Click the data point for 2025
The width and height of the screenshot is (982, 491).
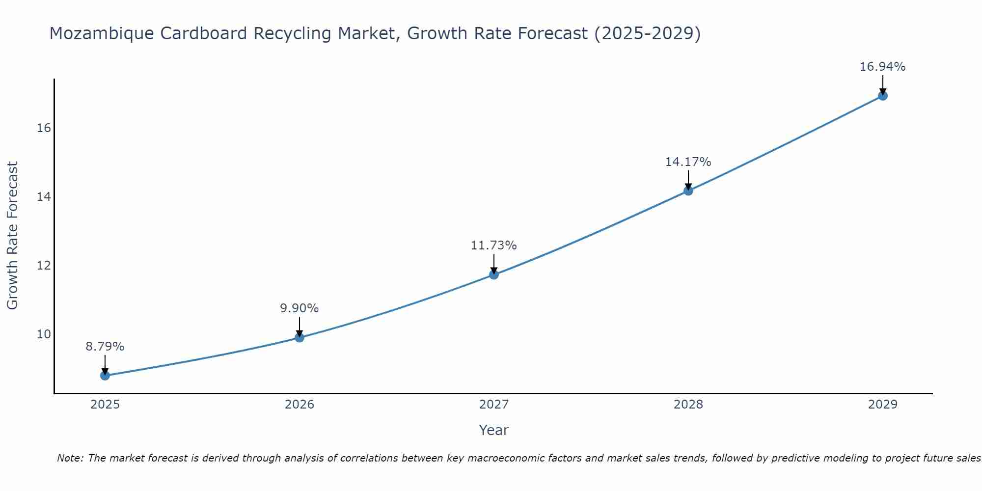pos(105,376)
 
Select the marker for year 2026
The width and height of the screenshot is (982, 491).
pos(300,337)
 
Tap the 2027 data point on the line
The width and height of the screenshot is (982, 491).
pos(494,274)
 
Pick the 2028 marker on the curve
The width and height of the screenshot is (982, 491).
pos(688,191)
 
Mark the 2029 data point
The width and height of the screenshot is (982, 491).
pos(883,96)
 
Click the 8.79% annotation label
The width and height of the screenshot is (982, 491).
pos(105,347)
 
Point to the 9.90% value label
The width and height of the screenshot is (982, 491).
pos(300,308)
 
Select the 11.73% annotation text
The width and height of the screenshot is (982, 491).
pos(494,245)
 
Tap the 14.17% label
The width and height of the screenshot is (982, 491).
pos(688,162)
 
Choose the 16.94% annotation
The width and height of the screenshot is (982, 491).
pos(883,67)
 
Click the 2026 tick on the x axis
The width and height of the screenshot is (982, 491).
pos(300,405)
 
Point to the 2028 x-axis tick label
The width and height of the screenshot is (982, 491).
pos(688,405)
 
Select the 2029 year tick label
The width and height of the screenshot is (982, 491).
pos(883,405)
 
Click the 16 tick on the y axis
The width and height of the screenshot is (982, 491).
pos(44,128)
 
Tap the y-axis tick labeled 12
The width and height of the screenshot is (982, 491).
pos(44,266)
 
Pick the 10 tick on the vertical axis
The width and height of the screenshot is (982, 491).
pos(44,334)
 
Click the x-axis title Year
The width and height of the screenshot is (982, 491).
pos(494,430)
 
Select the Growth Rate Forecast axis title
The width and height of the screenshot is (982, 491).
pos(13,236)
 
